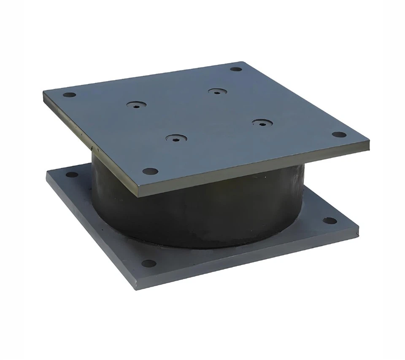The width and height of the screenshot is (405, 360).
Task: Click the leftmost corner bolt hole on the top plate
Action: click(69, 95)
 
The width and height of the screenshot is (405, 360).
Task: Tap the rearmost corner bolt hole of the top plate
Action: click(236, 69)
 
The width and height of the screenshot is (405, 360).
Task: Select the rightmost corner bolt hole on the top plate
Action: click(339, 135)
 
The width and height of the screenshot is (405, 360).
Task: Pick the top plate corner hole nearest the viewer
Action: click(150, 171)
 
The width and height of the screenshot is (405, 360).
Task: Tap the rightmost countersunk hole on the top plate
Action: click(262, 123)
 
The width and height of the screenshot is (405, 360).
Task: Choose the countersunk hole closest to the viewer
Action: click(176, 138)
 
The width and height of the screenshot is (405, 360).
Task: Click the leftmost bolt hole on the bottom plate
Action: click(72, 175)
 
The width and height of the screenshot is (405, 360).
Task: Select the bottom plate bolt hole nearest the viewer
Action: click(148, 263)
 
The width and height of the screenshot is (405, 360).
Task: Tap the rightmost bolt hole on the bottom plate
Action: click(330, 220)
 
